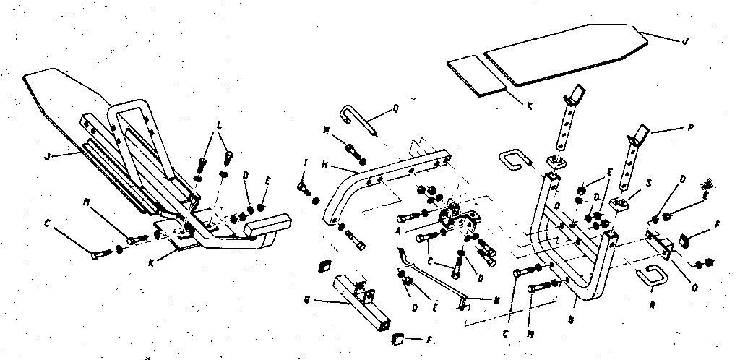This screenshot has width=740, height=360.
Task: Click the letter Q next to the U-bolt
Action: point(395,111)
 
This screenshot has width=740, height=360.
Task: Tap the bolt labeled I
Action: point(304,189)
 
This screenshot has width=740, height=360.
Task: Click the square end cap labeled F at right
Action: point(686,239)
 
